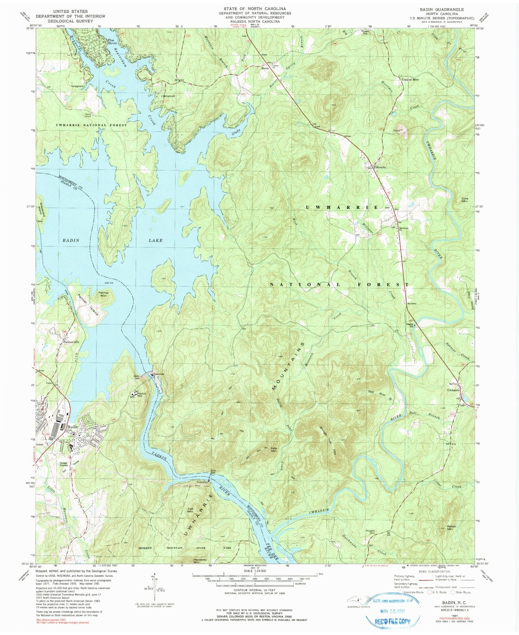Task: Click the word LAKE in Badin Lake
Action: pyautogui.click(x=155, y=240)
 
